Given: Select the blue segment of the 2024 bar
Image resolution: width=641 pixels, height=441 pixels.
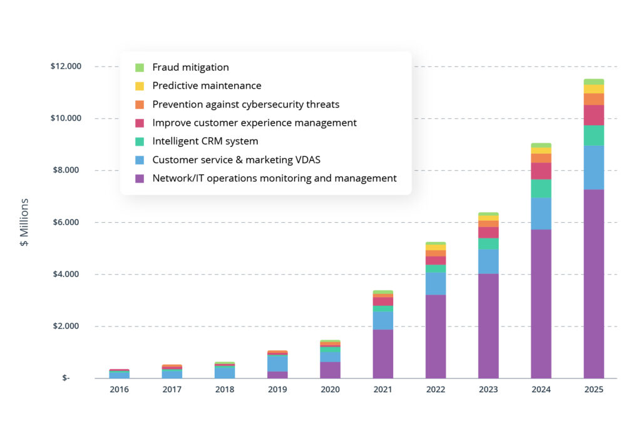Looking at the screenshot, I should coord(541,213).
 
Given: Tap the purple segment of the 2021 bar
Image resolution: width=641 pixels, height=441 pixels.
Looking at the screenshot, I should coord(383,353).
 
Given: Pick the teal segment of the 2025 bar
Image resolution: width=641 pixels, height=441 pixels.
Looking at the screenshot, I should coord(593,135).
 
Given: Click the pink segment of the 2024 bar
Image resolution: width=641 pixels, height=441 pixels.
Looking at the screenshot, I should coord(541,171).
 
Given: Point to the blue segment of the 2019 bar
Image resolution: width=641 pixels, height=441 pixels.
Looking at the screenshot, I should coord(277,363).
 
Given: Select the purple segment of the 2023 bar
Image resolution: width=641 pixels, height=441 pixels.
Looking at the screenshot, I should coord(488,325).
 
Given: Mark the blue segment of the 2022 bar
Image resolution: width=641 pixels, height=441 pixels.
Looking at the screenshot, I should coord(436,283).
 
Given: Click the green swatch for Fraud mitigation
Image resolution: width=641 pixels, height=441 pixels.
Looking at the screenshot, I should coord(140,68).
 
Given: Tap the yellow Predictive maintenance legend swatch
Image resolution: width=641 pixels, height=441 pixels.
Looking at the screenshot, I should coord(140,86).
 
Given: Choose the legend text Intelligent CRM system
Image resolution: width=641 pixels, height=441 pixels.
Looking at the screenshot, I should coord(205,141).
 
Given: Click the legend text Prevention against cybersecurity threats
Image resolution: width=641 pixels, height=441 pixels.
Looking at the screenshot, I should coord(245,104).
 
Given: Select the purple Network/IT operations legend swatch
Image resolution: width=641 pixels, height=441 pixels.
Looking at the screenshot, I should coord(140,178).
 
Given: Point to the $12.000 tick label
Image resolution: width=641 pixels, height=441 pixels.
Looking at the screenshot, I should coord(66,66).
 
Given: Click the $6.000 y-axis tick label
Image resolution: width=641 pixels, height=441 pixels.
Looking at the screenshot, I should coord(66,222).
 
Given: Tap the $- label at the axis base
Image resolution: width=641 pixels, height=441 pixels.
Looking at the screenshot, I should coord(66,378).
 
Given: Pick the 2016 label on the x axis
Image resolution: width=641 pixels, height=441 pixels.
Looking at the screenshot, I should coord(120,390).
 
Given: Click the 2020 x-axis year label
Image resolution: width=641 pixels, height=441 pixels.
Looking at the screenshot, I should coord(330,390).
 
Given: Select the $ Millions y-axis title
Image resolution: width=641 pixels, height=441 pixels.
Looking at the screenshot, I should coord(24,222).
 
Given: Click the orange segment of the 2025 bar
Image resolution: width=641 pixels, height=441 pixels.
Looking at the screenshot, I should coord(593,99).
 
